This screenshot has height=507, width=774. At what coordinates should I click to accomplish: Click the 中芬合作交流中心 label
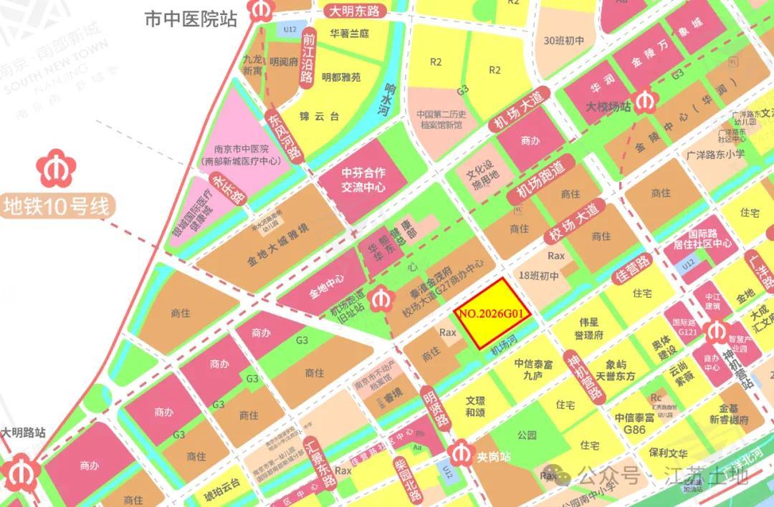363,180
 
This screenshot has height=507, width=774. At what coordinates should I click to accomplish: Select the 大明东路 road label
354,11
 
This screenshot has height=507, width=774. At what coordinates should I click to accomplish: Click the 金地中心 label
327,281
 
